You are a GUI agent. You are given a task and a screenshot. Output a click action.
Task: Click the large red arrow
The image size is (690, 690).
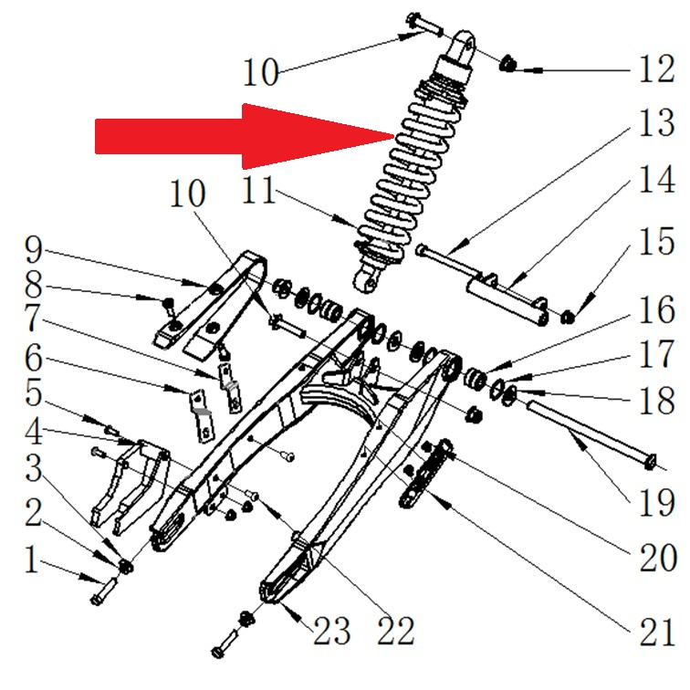(246, 136)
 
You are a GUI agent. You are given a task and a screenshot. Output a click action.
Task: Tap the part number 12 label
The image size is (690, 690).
(655, 68)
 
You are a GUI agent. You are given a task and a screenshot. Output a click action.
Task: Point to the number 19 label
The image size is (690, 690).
(655, 500)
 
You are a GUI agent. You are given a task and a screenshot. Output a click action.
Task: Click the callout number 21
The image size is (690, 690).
(656, 629)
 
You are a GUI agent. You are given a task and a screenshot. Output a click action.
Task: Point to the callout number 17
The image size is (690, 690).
(655, 356)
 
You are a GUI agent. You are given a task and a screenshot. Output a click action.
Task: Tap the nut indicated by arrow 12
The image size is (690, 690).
(509, 64)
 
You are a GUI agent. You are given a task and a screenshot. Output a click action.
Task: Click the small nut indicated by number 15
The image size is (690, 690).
(566, 318)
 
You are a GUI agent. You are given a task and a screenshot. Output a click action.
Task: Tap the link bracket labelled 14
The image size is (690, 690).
(507, 292)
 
